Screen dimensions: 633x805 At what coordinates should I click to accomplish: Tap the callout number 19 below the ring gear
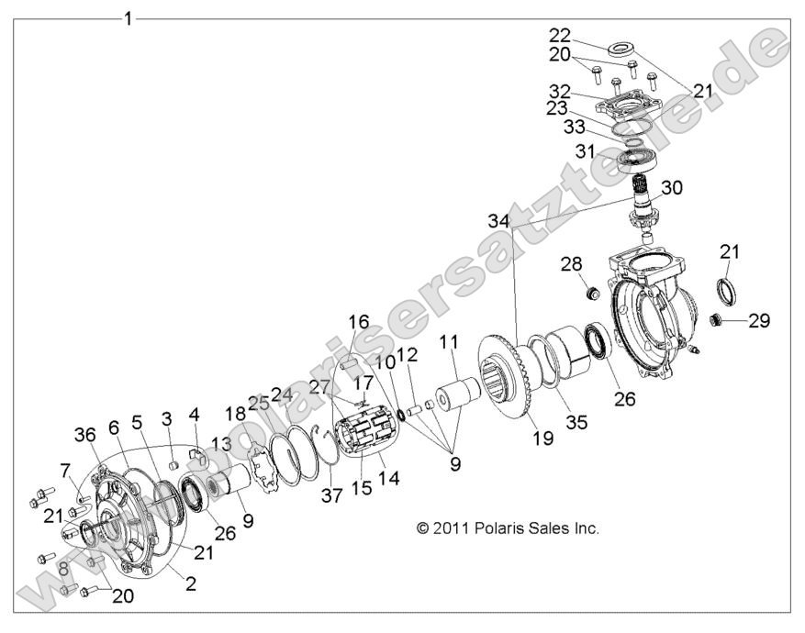542,439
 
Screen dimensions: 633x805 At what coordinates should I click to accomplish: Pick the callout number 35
576,397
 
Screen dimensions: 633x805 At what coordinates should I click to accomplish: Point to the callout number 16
358,322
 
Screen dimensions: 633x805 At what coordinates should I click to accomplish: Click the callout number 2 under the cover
191,584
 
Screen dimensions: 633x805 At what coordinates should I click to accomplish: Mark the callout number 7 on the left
65,471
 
